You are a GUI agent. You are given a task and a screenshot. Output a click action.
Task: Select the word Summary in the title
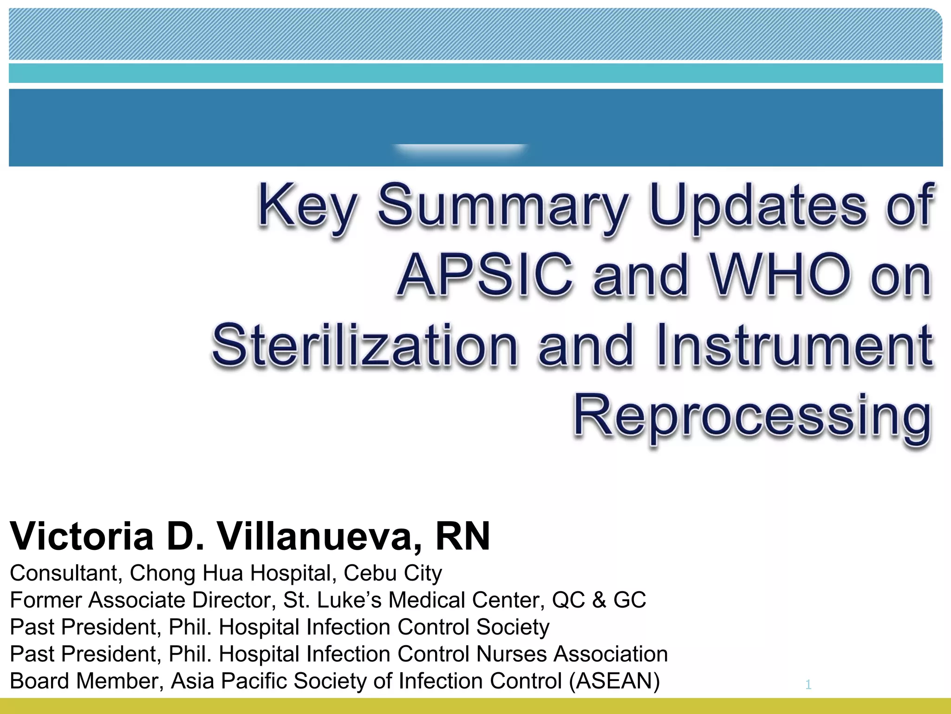point(504,207)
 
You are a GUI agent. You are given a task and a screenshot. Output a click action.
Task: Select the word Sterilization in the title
point(365,346)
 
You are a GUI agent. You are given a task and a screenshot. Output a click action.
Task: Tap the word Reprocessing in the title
point(752,416)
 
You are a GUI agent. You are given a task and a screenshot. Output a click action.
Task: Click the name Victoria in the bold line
point(82,536)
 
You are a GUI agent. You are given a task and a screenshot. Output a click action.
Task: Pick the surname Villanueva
point(320,536)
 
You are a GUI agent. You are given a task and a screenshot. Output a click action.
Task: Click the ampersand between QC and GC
point(599,600)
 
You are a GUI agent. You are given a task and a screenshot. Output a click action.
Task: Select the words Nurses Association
point(572,654)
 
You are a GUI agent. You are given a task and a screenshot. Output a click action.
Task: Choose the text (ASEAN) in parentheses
point(614,681)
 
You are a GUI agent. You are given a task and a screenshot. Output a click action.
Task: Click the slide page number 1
point(808,684)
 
